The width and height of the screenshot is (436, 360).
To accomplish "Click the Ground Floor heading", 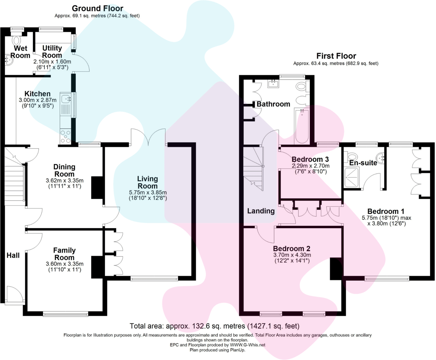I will (x=97, y=9).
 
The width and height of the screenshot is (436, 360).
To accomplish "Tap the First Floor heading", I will (x=336, y=56).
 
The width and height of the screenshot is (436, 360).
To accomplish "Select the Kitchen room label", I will (x=37, y=94).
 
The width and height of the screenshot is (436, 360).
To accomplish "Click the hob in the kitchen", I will (x=65, y=136).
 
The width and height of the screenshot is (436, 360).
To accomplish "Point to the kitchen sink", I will (x=65, y=99).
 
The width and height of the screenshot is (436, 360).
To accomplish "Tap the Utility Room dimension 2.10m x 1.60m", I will (x=52, y=62).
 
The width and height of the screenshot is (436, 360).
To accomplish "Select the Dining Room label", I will (x=64, y=170).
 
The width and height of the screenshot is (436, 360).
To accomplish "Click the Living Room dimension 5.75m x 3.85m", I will (x=148, y=193).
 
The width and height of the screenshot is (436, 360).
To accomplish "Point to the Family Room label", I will (x=64, y=254).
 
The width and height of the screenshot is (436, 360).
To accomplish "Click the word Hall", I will (x=13, y=255).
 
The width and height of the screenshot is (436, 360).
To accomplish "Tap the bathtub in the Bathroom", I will (x=302, y=126).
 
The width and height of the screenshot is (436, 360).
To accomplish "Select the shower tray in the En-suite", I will (x=352, y=177).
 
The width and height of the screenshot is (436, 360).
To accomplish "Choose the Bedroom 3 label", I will (x=310, y=160).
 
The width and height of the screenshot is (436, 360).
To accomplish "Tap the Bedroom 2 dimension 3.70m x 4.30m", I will (x=292, y=255).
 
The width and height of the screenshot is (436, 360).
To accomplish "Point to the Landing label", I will (x=261, y=211).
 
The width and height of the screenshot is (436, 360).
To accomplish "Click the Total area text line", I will (x=214, y=326).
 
